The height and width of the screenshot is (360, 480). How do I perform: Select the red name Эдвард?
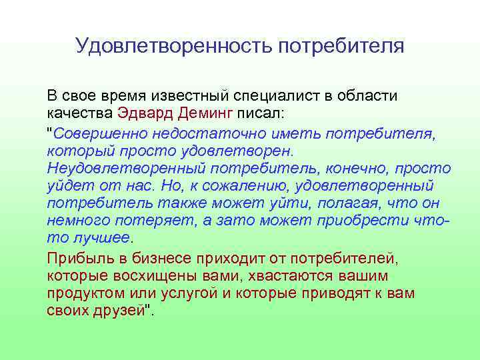pos(143,115)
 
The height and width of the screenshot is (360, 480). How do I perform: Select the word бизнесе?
pos(155,258)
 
